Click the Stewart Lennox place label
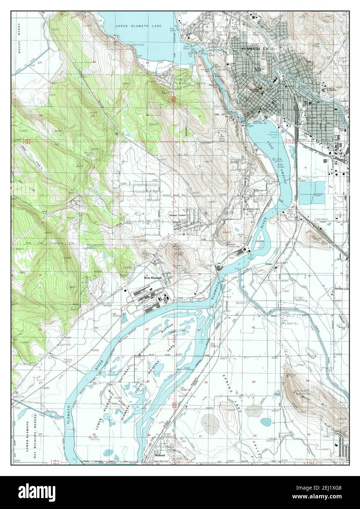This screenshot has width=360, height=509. [x=178, y=216]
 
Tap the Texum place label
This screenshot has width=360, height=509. [x=270, y=264]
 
